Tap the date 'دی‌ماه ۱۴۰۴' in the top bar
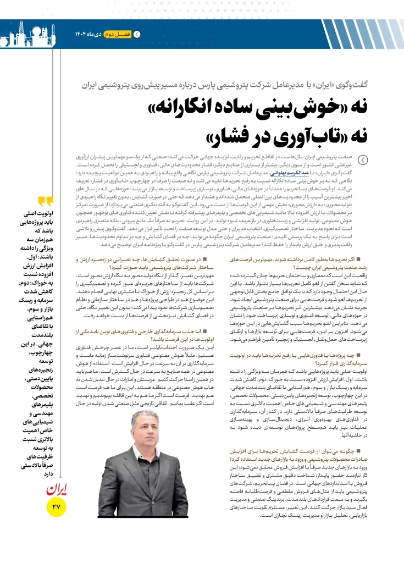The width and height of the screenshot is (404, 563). (88, 35)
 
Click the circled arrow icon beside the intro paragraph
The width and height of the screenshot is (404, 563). (363, 160)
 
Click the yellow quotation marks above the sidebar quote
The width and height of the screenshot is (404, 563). (46, 202)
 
